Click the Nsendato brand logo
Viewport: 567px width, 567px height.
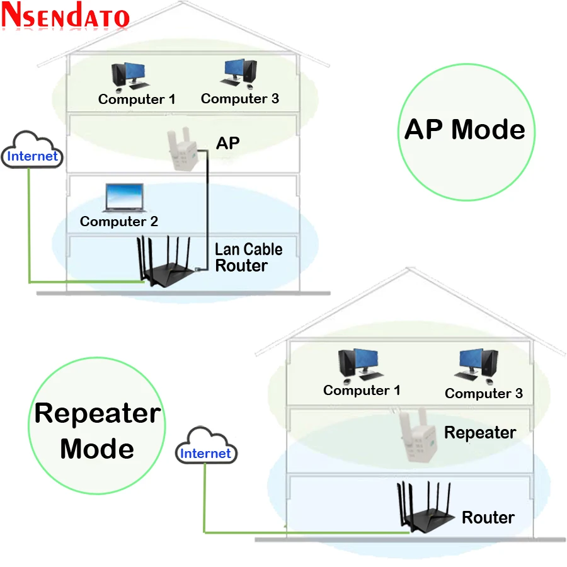click(x=66, y=15)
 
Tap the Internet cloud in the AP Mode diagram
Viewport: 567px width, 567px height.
click(x=32, y=150)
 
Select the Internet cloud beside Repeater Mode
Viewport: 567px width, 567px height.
click(x=206, y=446)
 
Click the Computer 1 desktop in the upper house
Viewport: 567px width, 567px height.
click(x=129, y=76)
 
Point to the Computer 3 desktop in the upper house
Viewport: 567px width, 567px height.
click(x=239, y=74)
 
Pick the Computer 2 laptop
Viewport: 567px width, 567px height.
click(x=124, y=198)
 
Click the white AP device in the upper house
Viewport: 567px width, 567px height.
click(x=182, y=149)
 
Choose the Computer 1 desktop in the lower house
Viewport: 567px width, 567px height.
click(x=360, y=365)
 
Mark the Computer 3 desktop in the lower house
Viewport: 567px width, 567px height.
click(x=477, y=366)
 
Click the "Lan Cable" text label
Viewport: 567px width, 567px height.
click(x=248, y=249)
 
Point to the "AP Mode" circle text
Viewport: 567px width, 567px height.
click(x=465, y=129)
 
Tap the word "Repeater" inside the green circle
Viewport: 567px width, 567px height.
click(x=98, y=414)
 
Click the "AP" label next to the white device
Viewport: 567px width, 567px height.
click(x=228, y=143)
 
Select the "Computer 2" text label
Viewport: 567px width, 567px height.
click(x=119, y=221)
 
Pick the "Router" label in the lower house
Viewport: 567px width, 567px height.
click(x=488, y=517)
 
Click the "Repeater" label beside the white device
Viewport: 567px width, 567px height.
click(x=480, y=433)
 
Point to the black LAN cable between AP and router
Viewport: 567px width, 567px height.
click(x=207, y=210)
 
